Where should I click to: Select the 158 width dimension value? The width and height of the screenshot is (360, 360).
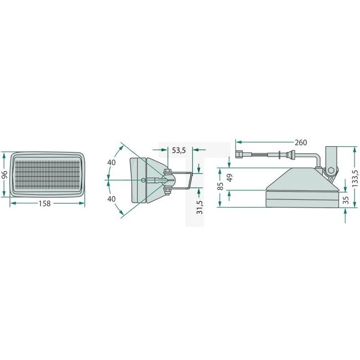coord(45,203)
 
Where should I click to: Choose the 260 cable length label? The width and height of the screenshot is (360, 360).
coord(301,142)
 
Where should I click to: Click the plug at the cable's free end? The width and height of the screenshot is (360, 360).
coord(240,155)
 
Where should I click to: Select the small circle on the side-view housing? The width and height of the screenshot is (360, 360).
coord(144,180)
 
